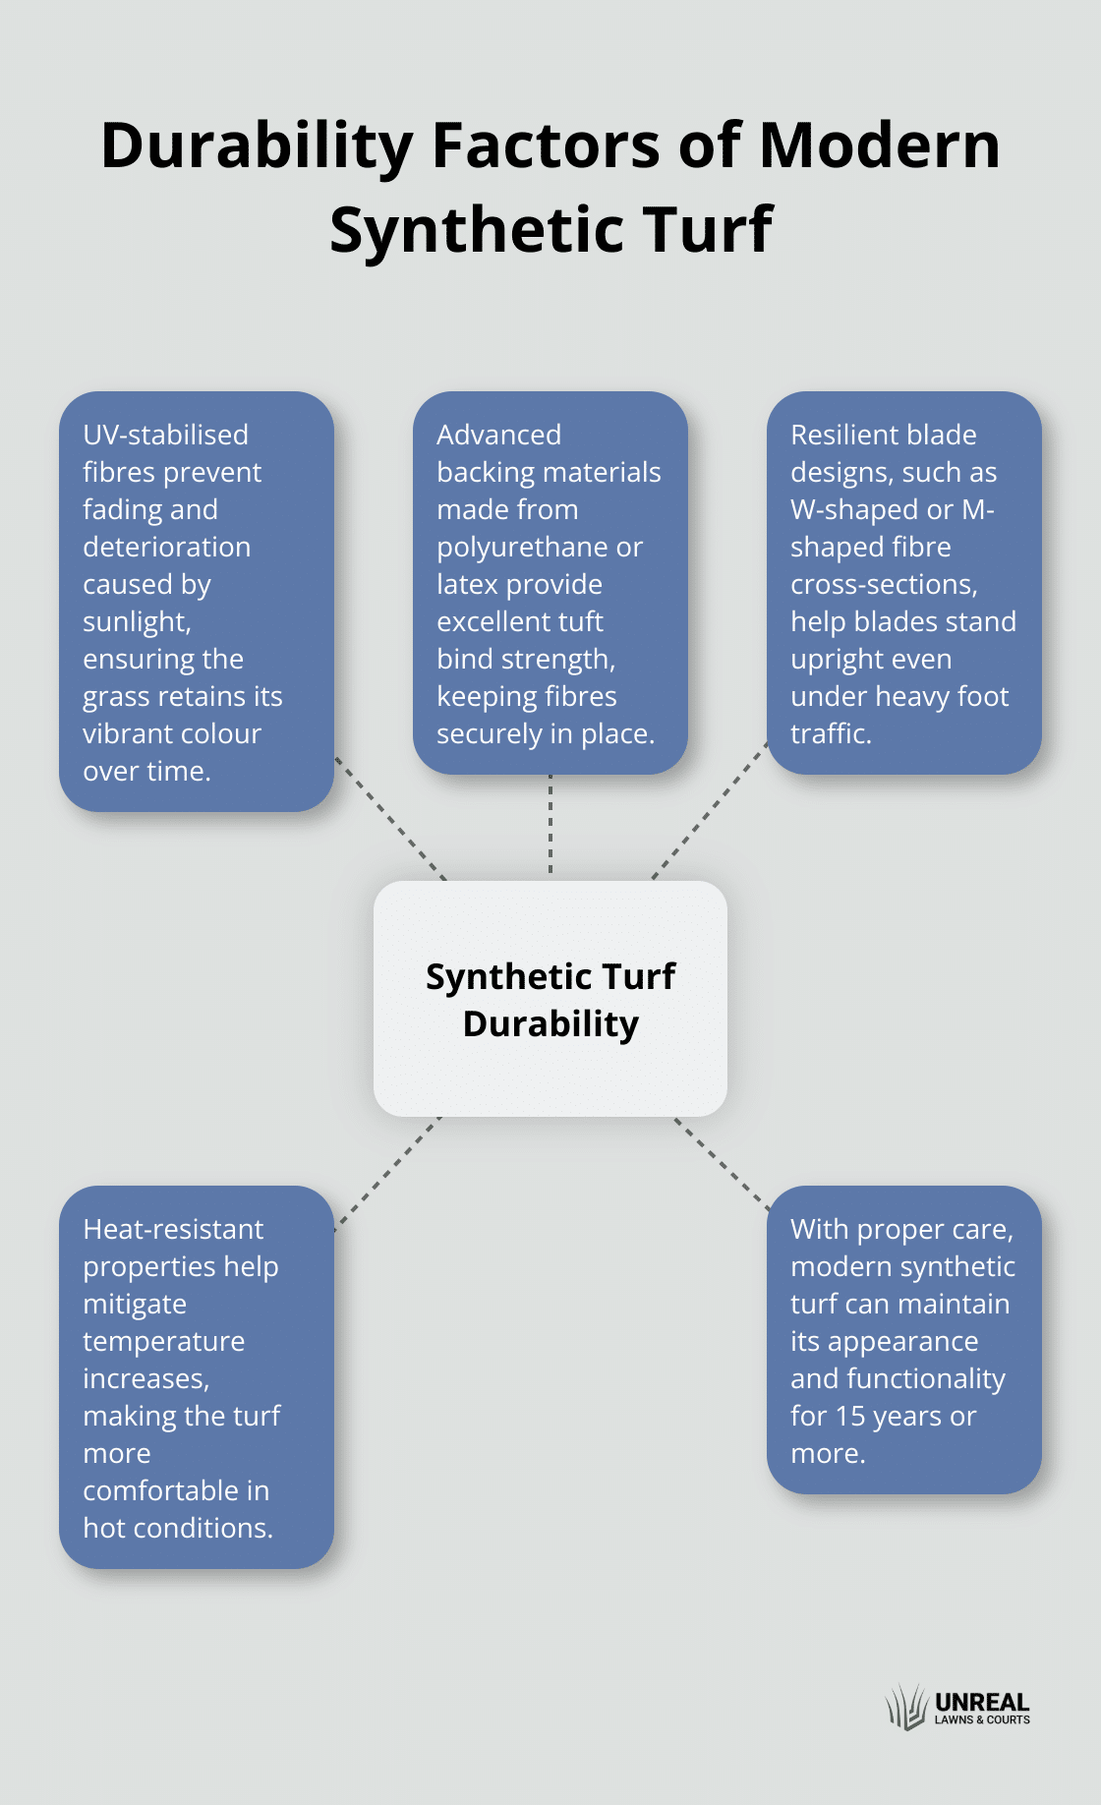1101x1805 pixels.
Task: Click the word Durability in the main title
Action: tap(258, 147)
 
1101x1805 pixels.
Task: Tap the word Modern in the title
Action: tap(880, 146)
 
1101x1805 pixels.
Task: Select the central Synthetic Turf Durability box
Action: tap(550, 999)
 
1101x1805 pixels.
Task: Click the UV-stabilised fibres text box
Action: tap(197, 602)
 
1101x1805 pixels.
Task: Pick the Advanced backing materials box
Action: tap(550, 583)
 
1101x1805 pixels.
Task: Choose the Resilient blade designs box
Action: tap(903, 583)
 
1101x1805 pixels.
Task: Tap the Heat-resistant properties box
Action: tap(197, 1377)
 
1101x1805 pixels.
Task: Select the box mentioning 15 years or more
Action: tap(903, 1340)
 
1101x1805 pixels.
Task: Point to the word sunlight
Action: tap(137, 622)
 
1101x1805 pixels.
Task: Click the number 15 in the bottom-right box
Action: tap(850, 1417)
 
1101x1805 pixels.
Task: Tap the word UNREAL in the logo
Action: tap(982, 1702)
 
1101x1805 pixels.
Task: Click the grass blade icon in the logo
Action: tap(905, 1708)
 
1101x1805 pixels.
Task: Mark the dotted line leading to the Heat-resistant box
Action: tap(388, 1172)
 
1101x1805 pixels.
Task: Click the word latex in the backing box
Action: tap(467, 585)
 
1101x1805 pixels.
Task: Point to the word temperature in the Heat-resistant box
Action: tap(163, 1342)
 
